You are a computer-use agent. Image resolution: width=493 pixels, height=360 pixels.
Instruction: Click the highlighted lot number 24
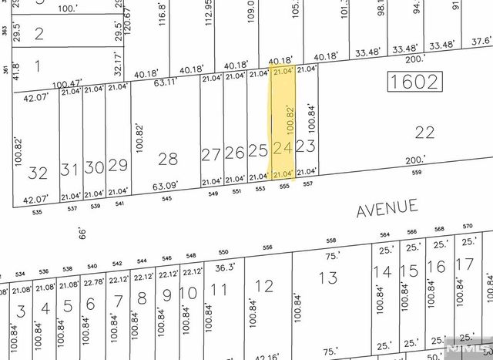tap(283, 147)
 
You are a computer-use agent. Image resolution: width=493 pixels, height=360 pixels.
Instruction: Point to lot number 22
tap(424, 133)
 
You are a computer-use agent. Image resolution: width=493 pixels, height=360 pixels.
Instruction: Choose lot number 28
tap(168, 159)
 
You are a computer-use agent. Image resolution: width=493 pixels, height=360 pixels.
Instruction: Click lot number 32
tap(36, 172)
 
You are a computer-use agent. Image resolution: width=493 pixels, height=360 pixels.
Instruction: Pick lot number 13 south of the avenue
tap(328, 278)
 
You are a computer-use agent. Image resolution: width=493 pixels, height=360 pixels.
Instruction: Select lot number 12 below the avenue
tap(263, 287)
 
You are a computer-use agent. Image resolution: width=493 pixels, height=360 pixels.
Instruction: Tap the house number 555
tap(284, 186)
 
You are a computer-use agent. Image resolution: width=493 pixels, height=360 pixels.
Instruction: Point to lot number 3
tap(22, 311)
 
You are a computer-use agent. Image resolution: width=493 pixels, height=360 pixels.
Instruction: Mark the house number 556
tap(268, 247)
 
